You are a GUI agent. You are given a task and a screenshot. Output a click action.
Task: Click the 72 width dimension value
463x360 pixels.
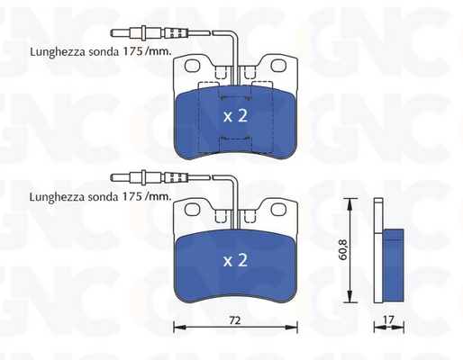pyautogui.click(x=235, y=320)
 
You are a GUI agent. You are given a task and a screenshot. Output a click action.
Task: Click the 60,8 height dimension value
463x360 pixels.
pyautogui.click(x=343, y=249)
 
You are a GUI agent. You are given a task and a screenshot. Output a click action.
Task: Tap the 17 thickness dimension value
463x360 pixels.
pyautogui.click(x=388, y=319)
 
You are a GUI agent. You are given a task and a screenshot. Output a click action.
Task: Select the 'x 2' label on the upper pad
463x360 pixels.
pyautogui.click(x=235, y=116)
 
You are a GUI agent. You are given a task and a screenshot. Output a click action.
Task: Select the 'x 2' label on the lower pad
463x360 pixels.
pyautogui.click(x=235, y=260)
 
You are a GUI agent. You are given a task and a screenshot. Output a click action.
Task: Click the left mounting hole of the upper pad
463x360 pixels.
pyautogui.click(x=192, y=66)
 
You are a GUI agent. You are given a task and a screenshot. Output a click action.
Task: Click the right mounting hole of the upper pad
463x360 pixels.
pyautogui.click(x=278, y=66)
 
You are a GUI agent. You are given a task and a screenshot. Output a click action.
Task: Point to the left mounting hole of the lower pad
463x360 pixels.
pyautogui.click(x=192, y=210)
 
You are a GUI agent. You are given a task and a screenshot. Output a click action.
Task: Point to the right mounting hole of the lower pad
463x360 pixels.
pyautogui.click(x=278, y=210)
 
